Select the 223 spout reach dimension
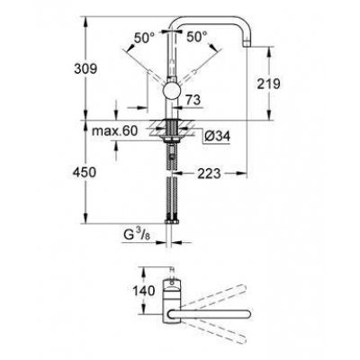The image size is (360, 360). tap(209, 172)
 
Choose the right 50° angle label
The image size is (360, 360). tap(198, 37)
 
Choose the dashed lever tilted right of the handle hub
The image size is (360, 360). tap(201, 72)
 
